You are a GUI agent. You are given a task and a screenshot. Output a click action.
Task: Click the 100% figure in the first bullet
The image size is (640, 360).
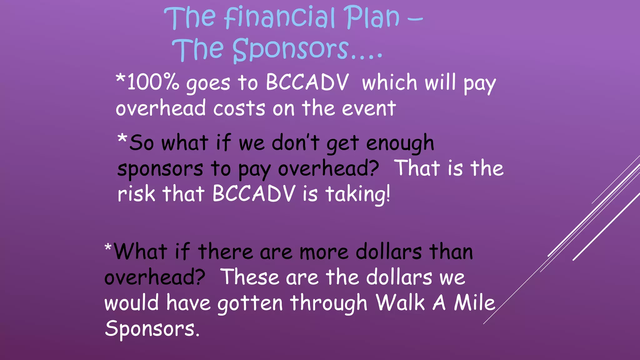click(153, 82)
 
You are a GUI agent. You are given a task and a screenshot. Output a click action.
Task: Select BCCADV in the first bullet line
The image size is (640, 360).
click(307, 82)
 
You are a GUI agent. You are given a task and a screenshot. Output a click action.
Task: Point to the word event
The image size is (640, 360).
click(369, 108)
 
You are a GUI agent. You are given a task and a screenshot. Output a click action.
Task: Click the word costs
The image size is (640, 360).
click(239, 108)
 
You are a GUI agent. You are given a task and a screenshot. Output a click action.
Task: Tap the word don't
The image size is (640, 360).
click(295, 143)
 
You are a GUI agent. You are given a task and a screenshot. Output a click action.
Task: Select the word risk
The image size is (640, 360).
click(136, 194)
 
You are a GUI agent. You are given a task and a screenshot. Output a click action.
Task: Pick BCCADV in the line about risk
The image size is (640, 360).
click(254, 194)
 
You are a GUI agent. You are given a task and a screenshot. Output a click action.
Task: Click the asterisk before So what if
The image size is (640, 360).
click(122, 139)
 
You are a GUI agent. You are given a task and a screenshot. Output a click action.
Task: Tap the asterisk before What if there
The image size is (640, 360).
click(108, 248)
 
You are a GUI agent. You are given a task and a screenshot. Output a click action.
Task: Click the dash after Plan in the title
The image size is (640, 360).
click(415, 19)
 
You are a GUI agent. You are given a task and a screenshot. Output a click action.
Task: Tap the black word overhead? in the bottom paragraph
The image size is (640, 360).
click(155, 277)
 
